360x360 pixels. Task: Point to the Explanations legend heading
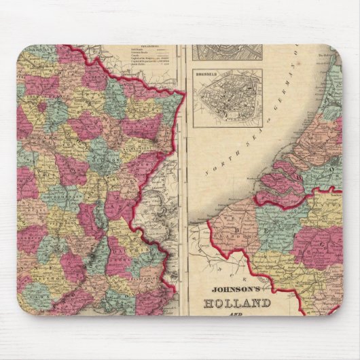click(x=157, y=48)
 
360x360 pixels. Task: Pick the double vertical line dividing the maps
click(x=182, y=177)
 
